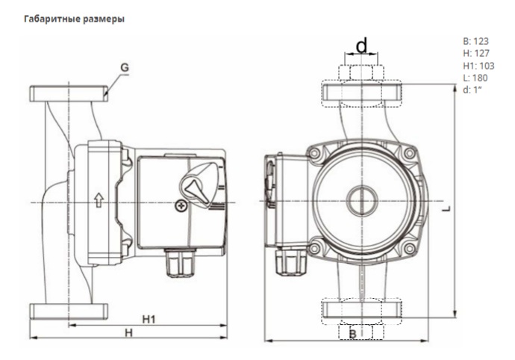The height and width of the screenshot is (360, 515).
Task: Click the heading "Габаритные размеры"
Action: pyautogui.click(x=73, y=19)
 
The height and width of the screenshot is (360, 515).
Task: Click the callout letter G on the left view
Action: pyautogui.click(x=125, y=68)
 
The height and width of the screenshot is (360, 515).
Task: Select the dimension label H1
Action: pyautogui.click(x=149, y=319)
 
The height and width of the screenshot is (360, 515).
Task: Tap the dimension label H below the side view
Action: pyautogui.click(x=128, y=332)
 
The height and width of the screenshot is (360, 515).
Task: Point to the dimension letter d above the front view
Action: pyautogui.click(x=362, y=47)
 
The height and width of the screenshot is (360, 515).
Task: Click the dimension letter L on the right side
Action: pyautogui.click(x=445, y=211)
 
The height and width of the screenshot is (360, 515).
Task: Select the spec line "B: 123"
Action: pyautogui.click(x=475, y=41)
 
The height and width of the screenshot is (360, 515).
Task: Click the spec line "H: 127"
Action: pyautogui.click(x=475, y=53)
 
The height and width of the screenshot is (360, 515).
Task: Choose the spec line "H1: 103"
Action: pyautogui.click(x=478, y=65)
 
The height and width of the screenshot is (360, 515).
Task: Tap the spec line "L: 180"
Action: pyautogui.click(x=475, y=77)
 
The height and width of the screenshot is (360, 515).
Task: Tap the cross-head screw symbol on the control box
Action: pyautogui.click(x=179, y=205)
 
